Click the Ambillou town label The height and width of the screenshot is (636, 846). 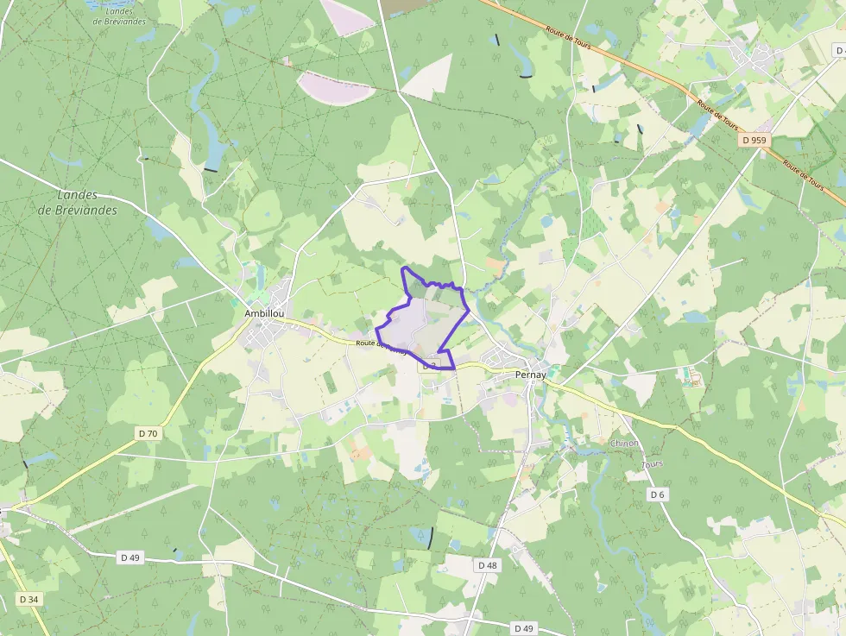click(x=265, y=313)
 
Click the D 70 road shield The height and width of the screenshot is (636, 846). click(x=148, y=433)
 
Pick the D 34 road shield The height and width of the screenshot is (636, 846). click(x=28, y=599)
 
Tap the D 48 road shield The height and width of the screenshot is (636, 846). click(x=487, y=564)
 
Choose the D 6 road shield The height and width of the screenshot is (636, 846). click(x=658, y=494)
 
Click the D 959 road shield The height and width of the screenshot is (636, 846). click(x=753, y=139)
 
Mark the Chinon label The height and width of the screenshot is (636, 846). click(x=624, y=444)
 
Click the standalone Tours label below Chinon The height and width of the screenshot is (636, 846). click(x=653, y=464)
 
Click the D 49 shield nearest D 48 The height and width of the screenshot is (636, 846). click(x=523, y=627)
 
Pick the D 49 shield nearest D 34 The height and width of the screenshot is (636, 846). click(x=130, y=557)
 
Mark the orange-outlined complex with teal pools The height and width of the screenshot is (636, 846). click(x=690, y=377)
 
